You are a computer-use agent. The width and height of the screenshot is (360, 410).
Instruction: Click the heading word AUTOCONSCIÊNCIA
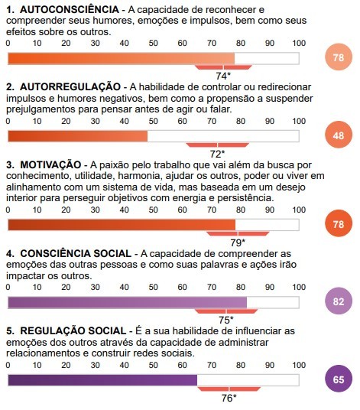[65, 8]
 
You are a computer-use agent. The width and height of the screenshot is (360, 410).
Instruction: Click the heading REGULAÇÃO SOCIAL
[71, 330]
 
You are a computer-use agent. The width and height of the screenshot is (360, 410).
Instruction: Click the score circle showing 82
[339, 302]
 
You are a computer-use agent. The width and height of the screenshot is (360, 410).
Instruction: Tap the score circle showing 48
[339, 136]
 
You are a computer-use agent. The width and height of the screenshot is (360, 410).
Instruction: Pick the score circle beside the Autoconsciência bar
[339, 58]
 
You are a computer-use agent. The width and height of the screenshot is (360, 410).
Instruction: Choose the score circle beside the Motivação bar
[339, 224]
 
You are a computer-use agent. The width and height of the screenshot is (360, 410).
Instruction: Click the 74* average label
[223, 76]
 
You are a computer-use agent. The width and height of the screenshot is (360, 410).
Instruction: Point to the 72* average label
[218, 154]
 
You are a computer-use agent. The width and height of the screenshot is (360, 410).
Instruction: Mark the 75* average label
[226, 320]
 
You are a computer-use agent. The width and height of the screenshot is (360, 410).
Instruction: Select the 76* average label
[229, 398]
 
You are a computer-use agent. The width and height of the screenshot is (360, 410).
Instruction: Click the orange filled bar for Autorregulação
[77, 136]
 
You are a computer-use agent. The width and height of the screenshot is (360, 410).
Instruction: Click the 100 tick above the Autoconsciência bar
[298, 44]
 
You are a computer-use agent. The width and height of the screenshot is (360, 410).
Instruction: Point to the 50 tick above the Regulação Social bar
[153, 365]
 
